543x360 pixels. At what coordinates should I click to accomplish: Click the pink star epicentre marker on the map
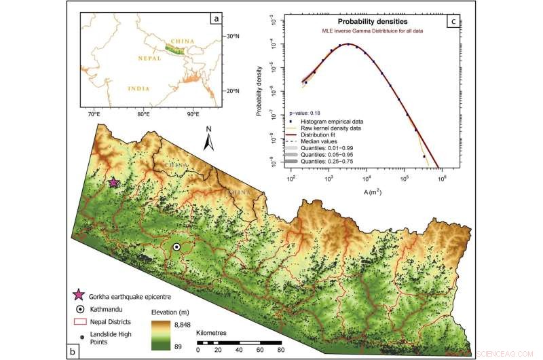[113, 182]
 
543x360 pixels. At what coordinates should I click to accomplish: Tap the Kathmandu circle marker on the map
[176, 248]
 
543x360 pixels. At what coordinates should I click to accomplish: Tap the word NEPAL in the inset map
[149, 58]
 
